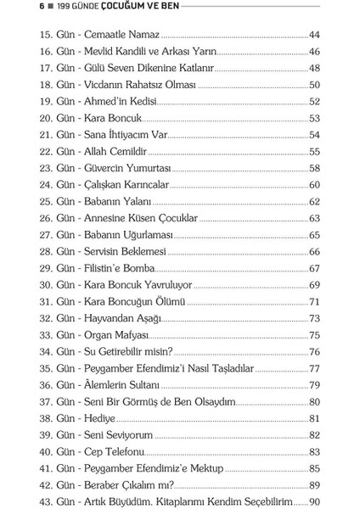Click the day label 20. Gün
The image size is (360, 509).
coord(56,118)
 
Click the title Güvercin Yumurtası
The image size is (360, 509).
coord(128,166)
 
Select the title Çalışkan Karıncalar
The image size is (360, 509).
coord(127,182)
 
